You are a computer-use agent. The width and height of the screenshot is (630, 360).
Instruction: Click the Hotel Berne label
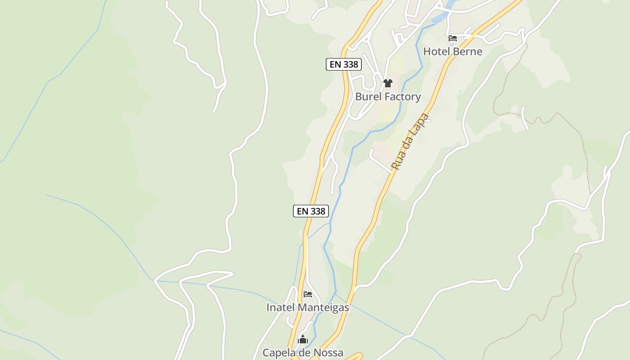point(453,51)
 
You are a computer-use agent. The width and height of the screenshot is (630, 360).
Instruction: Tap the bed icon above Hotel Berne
point(453,38)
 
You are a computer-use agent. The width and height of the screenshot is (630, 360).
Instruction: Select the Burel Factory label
point(388,96)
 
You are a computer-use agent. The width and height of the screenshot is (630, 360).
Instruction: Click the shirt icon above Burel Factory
point(388,83)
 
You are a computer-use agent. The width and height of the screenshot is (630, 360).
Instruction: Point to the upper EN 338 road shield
point(344,64)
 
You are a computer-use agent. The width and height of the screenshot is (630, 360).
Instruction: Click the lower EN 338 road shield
point(311,211)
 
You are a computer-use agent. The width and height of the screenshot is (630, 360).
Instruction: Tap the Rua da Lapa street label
point(410,142)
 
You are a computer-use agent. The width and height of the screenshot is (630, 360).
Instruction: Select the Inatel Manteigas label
point(308,307)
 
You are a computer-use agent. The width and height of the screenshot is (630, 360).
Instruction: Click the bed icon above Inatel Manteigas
point(308,294)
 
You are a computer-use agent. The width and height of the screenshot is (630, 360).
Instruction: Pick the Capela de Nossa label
point(303,352)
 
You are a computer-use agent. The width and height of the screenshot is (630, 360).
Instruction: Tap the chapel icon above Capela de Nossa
point(303,339)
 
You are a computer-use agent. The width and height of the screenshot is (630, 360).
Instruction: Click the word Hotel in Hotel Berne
point(437,51)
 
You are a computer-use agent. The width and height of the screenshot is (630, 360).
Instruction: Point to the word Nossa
point(328,352)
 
